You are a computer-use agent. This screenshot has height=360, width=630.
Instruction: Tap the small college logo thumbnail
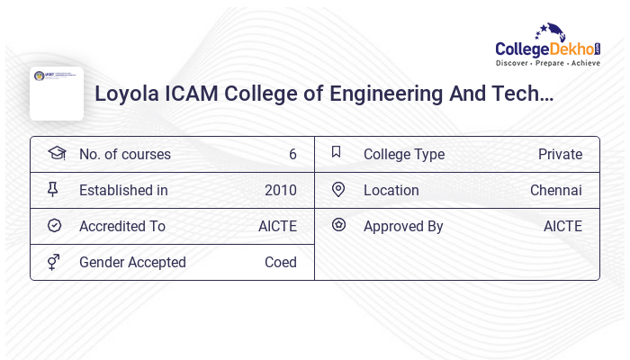(x=56, y=93)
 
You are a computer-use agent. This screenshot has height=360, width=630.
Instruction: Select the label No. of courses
(x=124, y=155)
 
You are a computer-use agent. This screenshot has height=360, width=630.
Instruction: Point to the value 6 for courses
(x=292, y=155)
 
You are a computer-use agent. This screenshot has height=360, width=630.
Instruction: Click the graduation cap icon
(x=56, y=154)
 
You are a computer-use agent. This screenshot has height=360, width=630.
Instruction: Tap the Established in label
(x=123, y=191)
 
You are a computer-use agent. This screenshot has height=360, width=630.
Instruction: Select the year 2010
(x=280, y=191)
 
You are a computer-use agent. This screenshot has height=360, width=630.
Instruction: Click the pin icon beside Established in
(x=54, y=190)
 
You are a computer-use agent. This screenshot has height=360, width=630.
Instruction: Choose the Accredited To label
(x=121, y=227)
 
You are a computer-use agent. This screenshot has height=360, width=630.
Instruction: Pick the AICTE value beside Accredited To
(x=277, y=227)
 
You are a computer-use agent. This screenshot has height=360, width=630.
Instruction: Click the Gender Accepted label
(x=132, y=263)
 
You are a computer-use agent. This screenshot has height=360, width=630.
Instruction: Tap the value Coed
(x=280, y=263)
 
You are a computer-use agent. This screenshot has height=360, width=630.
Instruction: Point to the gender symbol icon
(x=54, y=262)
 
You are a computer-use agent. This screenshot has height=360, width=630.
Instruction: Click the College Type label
(x=403, y=155)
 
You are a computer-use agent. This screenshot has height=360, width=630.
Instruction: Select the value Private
(x=560, y=155)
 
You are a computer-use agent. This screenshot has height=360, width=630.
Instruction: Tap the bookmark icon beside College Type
(x=337, y=153)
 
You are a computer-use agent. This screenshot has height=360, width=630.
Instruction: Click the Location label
(x=391, y=191)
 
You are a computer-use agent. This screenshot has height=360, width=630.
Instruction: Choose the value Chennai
(x=555, y=191)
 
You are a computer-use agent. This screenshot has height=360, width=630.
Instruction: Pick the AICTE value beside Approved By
(x=562, y=227)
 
